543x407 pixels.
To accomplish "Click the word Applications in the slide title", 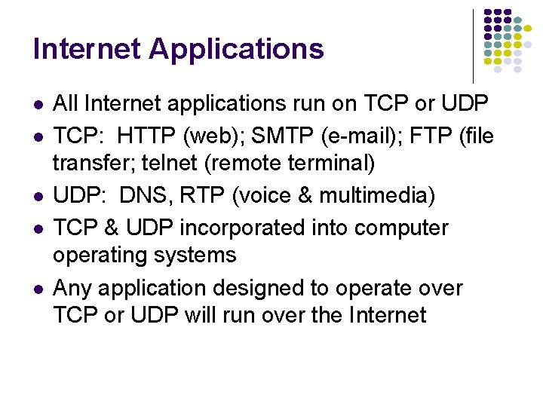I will (x=236, y=50).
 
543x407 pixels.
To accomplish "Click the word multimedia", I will (x=373, y=196).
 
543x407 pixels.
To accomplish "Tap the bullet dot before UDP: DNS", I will (x=38, y=197).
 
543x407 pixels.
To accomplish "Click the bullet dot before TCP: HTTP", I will (x=38, y=136).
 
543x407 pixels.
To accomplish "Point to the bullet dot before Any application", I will (x=38, y=288).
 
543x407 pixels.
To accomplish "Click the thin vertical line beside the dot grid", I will (x=473, y=45).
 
